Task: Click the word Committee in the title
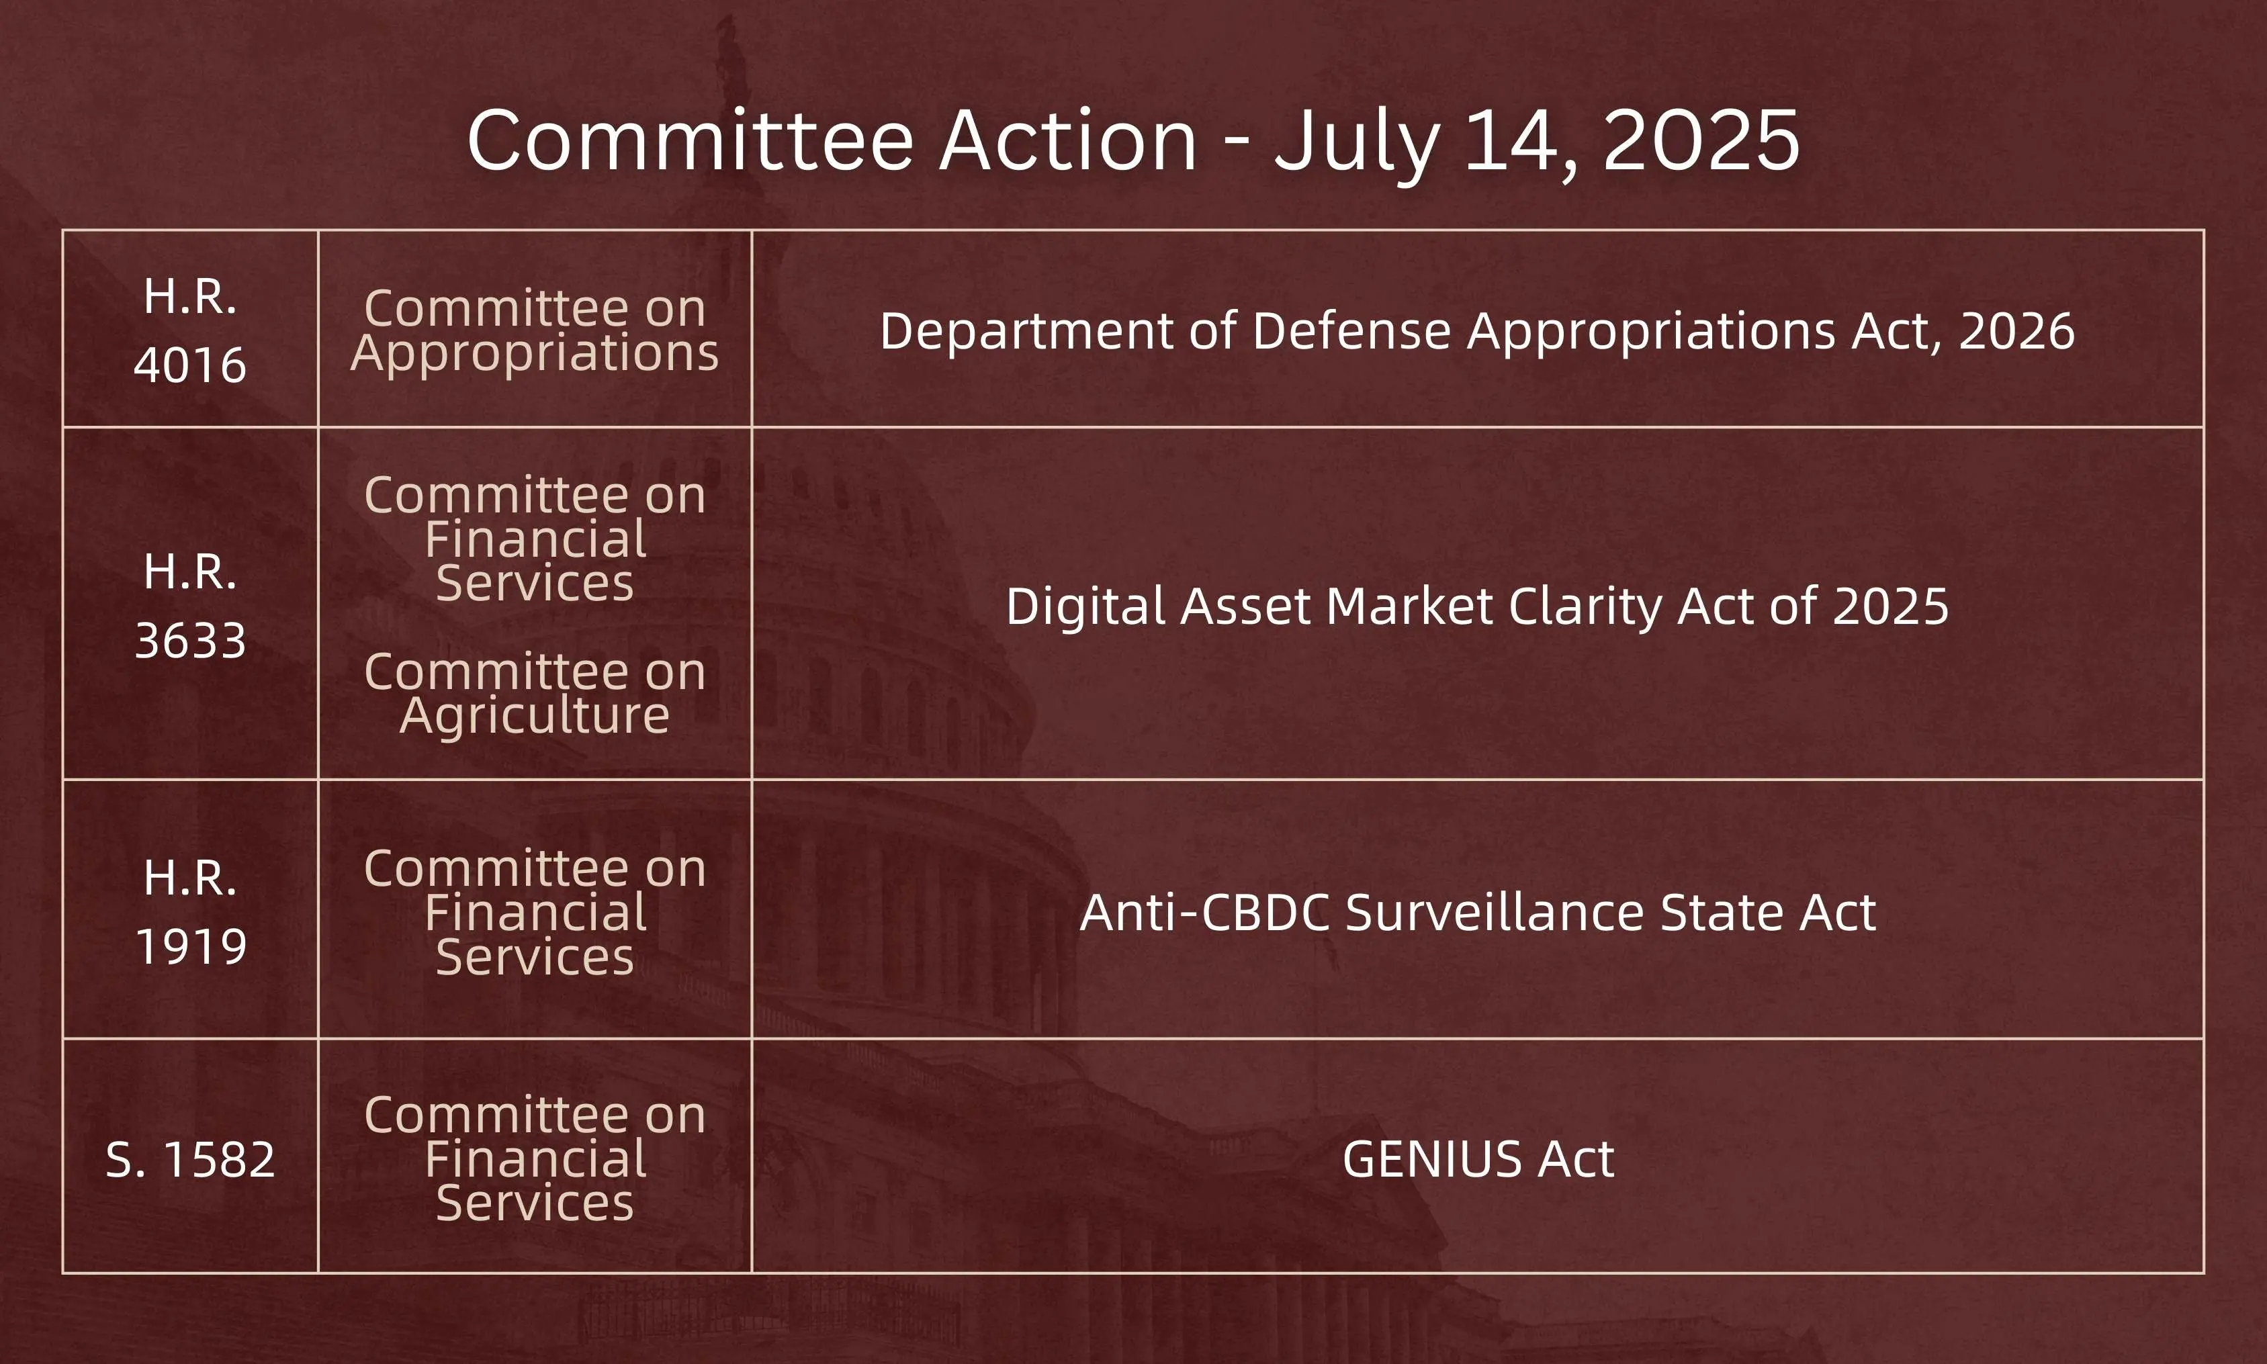point(689,140)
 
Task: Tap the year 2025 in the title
point(1700,140)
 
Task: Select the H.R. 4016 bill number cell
point(190,330)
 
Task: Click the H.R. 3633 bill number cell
point(190,605)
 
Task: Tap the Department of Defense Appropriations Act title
point(1476,331)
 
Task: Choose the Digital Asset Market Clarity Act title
point(1476,606)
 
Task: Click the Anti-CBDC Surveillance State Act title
point(1476,913)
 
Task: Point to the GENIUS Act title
point(1477,1159)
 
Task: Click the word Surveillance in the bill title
point(1495,913)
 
